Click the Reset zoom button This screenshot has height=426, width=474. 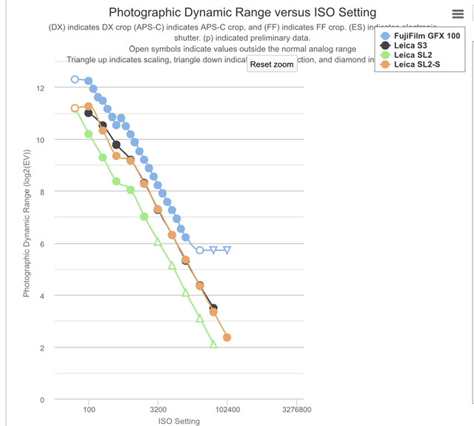(272, 64)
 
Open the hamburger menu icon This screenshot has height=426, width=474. (458, 15)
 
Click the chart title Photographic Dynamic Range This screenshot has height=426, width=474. (241, 13)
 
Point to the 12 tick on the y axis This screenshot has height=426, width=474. (41, 88)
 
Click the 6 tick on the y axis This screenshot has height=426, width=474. (43, 244)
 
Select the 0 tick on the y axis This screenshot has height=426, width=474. (43, 400)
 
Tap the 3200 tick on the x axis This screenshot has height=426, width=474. (158, 409)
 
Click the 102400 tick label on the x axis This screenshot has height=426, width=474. (227, 409)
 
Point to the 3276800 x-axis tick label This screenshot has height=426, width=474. (296, 409)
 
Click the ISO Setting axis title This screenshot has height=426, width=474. (179, 421)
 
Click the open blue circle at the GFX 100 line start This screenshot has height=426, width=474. (75, 79)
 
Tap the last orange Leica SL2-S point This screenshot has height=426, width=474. (227, 337)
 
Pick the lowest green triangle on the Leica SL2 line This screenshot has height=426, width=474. (213, 344)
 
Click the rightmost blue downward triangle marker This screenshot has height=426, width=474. (227, 250)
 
